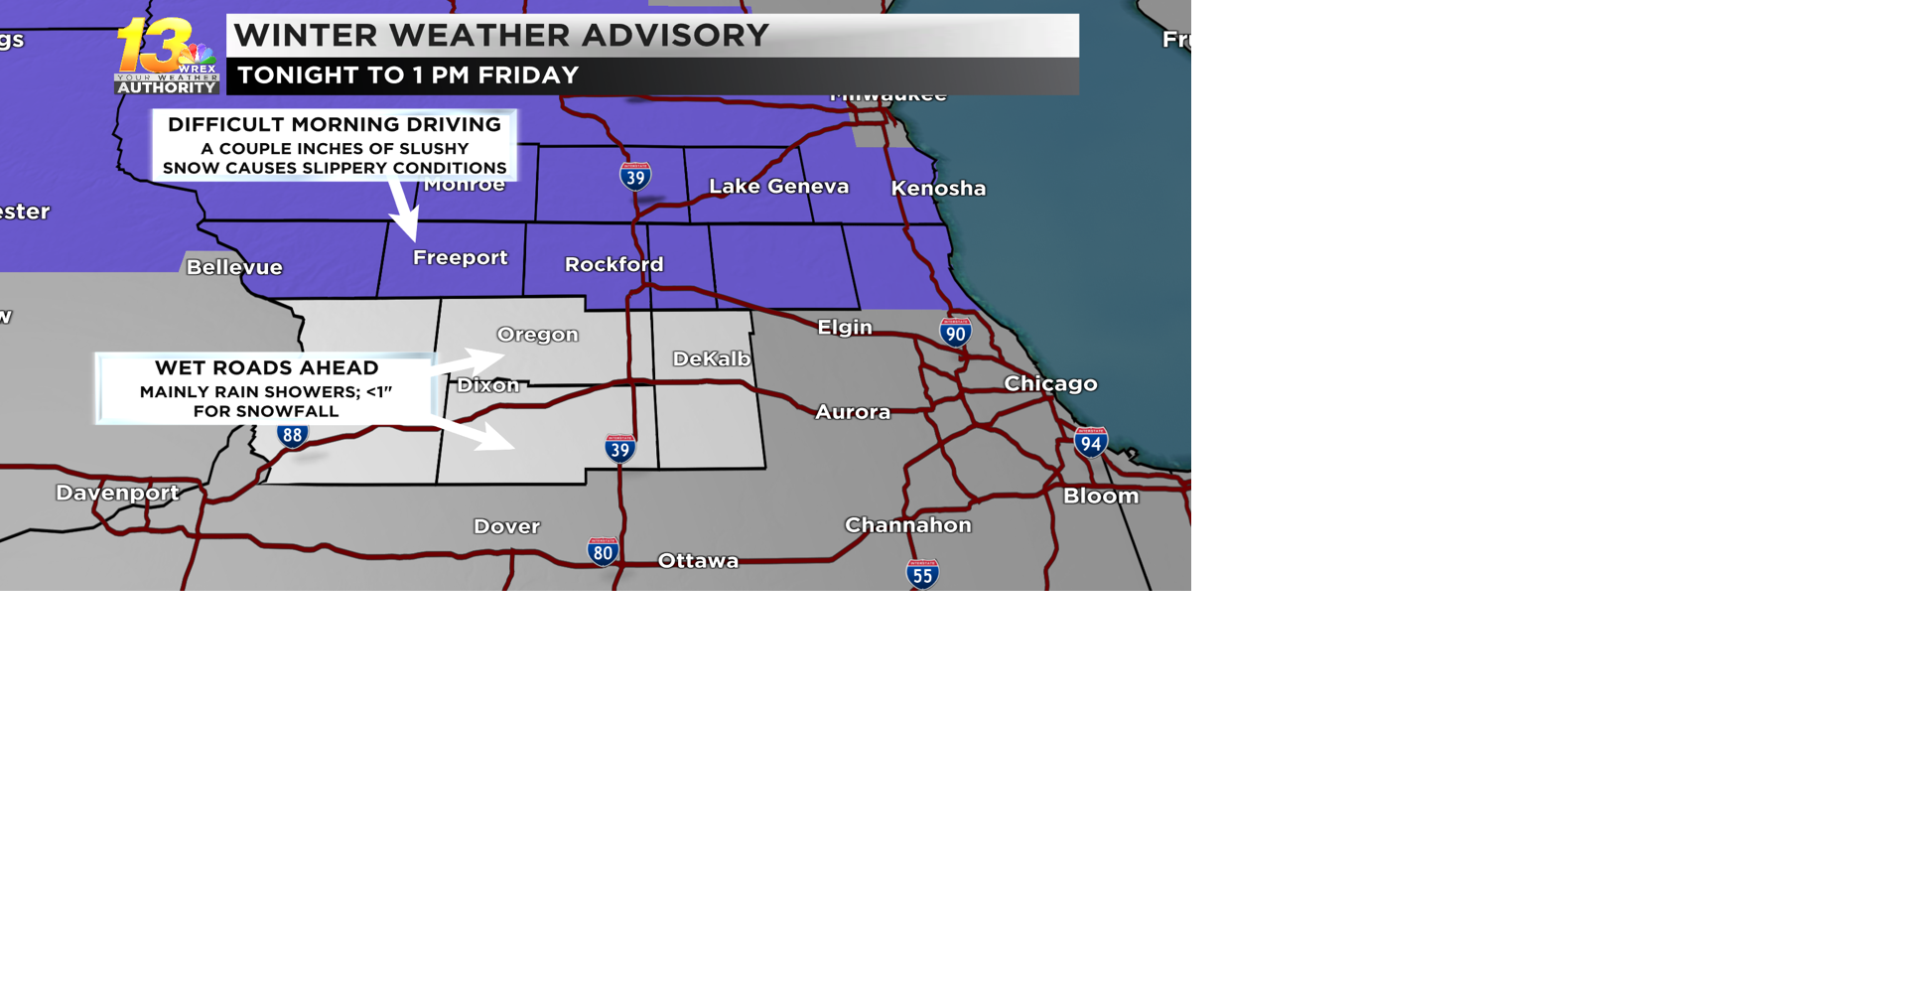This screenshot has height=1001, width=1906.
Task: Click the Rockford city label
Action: pos(613,264)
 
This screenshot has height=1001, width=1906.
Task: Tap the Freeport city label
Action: pos(460,257)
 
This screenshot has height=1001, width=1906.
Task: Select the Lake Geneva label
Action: pos(778,186)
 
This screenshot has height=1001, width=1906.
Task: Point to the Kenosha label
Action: pos(938,188)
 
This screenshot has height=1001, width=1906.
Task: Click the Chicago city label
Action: pos(1050,383)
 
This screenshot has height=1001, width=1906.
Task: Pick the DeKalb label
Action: pos(711,358)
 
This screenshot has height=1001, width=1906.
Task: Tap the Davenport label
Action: pos(117,493)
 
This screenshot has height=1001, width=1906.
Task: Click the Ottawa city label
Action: pos(698,561)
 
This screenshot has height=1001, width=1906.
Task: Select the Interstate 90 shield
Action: pos(955,332)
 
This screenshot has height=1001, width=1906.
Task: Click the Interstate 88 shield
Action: pos(292,434)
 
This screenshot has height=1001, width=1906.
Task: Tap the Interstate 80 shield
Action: pos(603,551)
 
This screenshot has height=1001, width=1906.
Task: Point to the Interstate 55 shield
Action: pos(922,574)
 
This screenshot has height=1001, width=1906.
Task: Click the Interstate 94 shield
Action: pos(1090,442)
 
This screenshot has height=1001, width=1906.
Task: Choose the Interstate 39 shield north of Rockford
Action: pos(635,177)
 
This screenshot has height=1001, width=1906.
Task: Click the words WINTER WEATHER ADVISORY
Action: pos(501,36)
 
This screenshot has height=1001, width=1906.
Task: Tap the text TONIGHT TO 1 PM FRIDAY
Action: pos(408,75)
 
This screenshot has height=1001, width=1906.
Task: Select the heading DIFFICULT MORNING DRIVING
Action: pos(335,125)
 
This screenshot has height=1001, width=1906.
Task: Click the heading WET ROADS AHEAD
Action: pos(266,367)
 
